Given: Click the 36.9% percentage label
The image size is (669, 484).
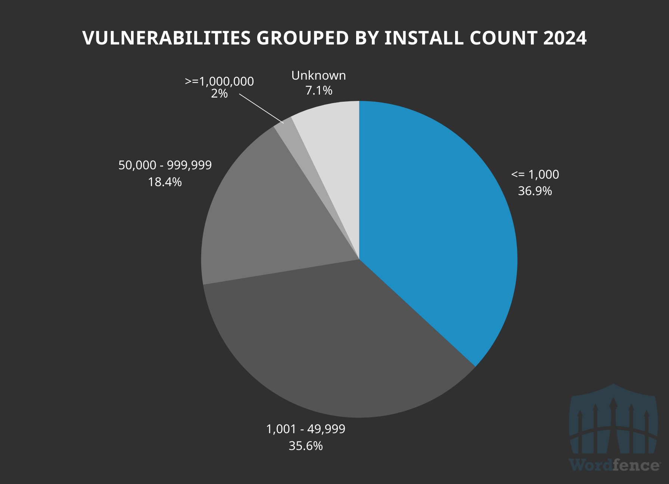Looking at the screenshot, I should (x=535, y=191).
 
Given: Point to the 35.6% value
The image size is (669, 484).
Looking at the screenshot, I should (x=305, y=446).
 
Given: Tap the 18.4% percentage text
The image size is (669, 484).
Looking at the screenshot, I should (x=165, y=182).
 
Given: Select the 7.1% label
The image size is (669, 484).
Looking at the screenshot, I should (x=319, y=90).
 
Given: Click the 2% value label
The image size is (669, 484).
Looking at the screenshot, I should (x=219, y=93).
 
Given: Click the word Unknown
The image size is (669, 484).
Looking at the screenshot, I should (x=318, y=75).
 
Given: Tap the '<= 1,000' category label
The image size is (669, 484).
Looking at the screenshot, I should (x=535, y=175).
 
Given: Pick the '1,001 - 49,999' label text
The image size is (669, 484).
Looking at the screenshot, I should (x=305, y=429).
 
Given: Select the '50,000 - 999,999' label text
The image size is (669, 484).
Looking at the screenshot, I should (x=165, y=165).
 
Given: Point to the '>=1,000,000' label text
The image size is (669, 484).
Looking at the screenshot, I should (x=219, y=81).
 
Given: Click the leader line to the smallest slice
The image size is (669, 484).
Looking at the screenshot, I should (x=261, y=108).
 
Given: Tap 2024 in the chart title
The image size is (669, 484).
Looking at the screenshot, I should (x=564, y=38).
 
